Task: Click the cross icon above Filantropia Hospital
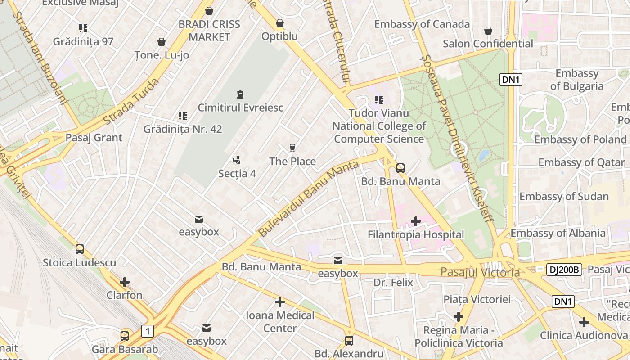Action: pyautogui.click(x=416, y=221)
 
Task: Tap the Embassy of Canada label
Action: pyautogui.click(x=422, y=24)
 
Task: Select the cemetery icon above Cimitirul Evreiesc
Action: pyautogui.click(x=240, y=94)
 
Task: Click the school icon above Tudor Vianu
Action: pyautogui.click(x=378, y=100)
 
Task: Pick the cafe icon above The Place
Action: pyautogui.click(x=292, y=148)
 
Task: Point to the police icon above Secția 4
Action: pyautogui.click(x=237, y=160)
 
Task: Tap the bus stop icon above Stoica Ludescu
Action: pyautogui.click(x=80, y=249)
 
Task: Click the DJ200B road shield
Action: pyautogui.click(x=564, y=270)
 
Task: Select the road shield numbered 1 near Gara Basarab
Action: pyautogui.click(x=147, y=332)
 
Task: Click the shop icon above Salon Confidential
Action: pyautogui.click(x=488, y=31)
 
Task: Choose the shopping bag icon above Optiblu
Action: pyautogui.click(x=280, y=22)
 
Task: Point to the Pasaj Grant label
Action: pyautogui.click(x=94, y=138)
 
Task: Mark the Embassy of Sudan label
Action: pyautogui.click(x=564, y=197)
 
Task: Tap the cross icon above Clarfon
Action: pyautogui.click(x=125, y=282)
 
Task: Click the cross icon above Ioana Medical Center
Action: pyautogui.click(x=280, y=301)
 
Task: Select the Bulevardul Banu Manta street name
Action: pyautogui.click(x=309, y=198)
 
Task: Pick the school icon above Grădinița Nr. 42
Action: pyautogui.click(x=182, y=116)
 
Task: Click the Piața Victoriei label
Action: pyautogui.click(x=477, y=299)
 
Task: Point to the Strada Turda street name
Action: pyautogui.click(x=131, y=102)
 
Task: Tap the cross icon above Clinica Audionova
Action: pyautogui.click(x=584, y=322)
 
